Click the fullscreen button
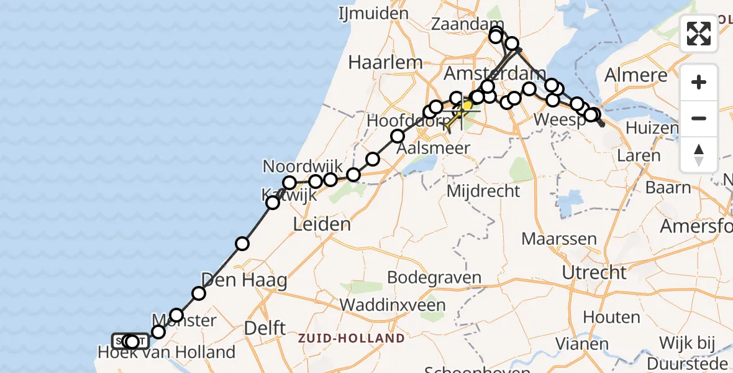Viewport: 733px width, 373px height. pyautogui.click(x=699, y=34)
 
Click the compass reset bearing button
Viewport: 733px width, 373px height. pyautogui.click(x=699, y=155)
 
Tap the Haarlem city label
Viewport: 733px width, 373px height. pyautogui.click(x=385, y=62)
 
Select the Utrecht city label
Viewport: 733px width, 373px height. pyautogui.click(x=594, y=272)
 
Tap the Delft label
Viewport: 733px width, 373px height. pyautogui.click(x=265, y=327)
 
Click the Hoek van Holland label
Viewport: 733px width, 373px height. pyautogui.click(x=166, y=352)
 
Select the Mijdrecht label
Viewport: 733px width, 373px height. pyautogui.click(x=484, y=191)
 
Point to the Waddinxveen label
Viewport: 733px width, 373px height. pyautogui.click(x=393, y=305)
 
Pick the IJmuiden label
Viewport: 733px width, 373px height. pyautogui.click(x=373, y=13)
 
